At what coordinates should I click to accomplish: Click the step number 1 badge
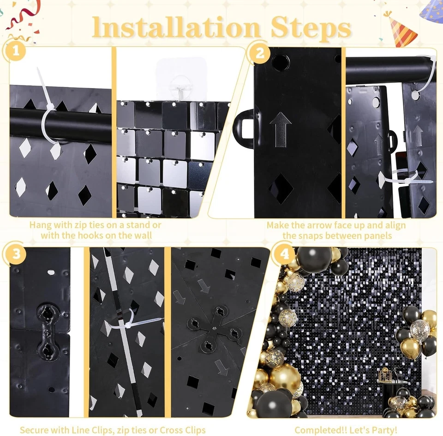(x=16, y=52)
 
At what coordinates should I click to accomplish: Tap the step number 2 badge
(x=260, y=54)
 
